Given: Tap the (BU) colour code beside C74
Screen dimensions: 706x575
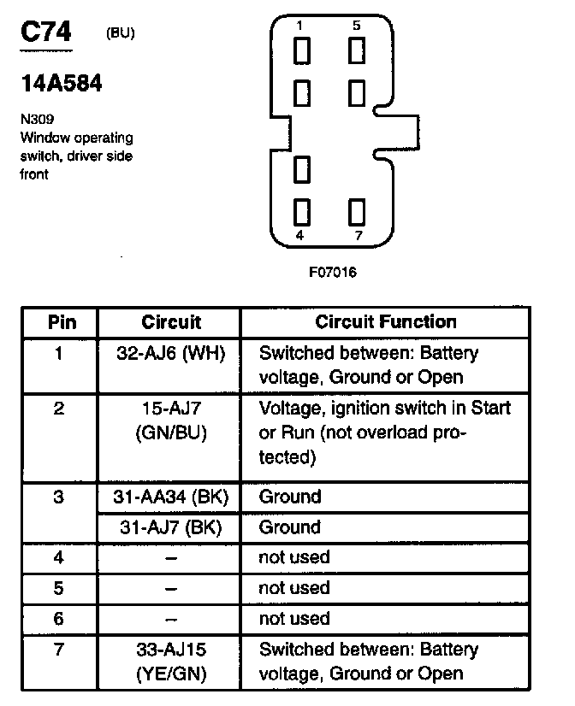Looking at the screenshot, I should click(x=120, y=34).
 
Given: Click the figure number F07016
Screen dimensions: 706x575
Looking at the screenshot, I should click(x=333, y=274).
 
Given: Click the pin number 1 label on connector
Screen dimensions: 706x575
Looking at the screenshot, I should click(x=299, y=26).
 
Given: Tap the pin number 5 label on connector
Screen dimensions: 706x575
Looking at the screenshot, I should click(x=357, y=26).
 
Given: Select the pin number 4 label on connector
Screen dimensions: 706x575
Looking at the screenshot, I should click(x=299, y=235).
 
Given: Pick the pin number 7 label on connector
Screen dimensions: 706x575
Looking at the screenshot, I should click(x=357, y=235).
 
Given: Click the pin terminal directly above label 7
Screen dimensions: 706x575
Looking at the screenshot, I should click(x=357, y=210).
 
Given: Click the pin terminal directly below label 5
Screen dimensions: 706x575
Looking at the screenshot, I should click(x=357, y=51).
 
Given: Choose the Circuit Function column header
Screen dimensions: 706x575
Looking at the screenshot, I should click(x=386, y=322).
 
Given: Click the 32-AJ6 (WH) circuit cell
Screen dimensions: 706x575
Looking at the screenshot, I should click(x=169, y=353).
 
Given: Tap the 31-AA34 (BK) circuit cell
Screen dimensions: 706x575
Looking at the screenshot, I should click(x=169, y=497).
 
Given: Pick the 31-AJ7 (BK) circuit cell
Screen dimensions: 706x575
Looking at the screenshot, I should click(x=169, y=527).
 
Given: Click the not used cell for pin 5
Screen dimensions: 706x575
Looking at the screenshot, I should click(x=293, y=588).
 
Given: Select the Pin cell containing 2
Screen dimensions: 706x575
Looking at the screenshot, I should click(x=58, y=409).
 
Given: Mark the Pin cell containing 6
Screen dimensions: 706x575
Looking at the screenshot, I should click(x=58, y=618).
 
